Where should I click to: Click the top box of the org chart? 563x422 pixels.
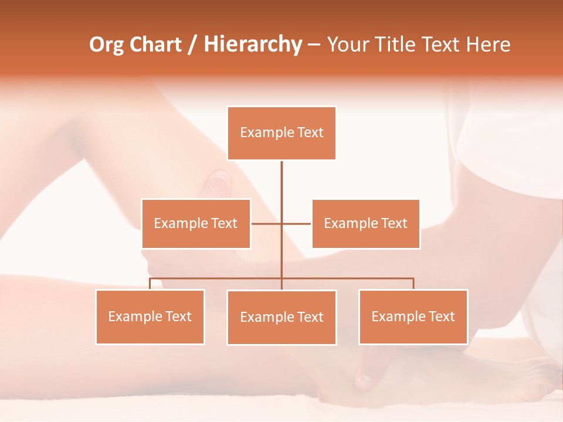point(281,133)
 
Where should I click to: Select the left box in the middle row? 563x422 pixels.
point(196,223)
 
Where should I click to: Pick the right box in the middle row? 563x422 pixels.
point(365,223)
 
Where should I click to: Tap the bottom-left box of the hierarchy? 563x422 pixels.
point(150,316)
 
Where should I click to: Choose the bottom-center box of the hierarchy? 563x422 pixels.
point(281,317)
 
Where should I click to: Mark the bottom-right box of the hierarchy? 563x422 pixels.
point(413,316)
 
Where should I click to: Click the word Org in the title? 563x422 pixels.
point(106,45)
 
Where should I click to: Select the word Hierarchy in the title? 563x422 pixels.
point(253,45)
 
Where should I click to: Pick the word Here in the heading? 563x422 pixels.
point(488,45)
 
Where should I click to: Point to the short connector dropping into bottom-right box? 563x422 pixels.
point(413,284)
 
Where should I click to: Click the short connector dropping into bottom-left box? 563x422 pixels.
point(150,284)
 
